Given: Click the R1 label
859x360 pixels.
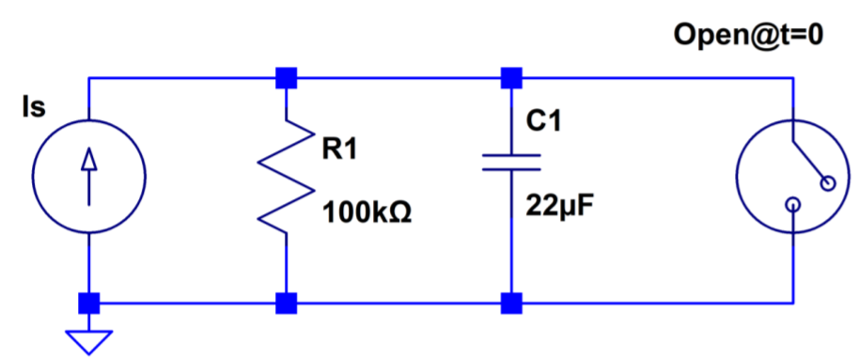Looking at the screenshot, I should [339, 149].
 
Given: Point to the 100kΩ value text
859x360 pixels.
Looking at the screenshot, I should [367, 212].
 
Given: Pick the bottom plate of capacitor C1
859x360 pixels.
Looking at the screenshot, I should [512, 169].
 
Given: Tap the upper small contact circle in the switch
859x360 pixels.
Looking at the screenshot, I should [828, 184].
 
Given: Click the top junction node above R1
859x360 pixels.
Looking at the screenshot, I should [286, 77].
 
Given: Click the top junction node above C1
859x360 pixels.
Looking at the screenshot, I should [512, 77].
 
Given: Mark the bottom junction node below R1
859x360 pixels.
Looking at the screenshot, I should [286, 303].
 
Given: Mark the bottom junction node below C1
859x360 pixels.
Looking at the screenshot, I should [512, 303].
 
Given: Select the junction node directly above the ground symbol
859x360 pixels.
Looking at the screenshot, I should [88, 303].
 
